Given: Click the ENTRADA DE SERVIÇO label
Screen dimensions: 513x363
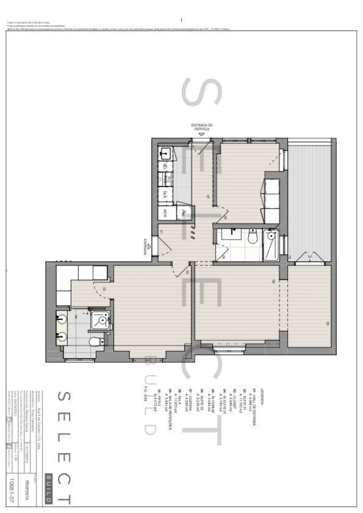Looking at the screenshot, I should pos(202,127).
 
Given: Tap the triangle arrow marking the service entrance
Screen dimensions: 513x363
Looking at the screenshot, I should pos(202,134).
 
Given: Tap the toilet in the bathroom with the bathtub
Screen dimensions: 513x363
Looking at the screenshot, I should pos(252,236).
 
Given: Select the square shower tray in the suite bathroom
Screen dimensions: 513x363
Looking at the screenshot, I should pos(101,320).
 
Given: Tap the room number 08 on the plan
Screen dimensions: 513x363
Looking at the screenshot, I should pos(273,282).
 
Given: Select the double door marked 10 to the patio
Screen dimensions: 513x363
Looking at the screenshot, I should pos(310,256).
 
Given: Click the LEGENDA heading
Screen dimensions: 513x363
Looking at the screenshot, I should pos(262,396).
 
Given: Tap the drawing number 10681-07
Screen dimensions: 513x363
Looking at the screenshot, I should pos(12,490).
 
